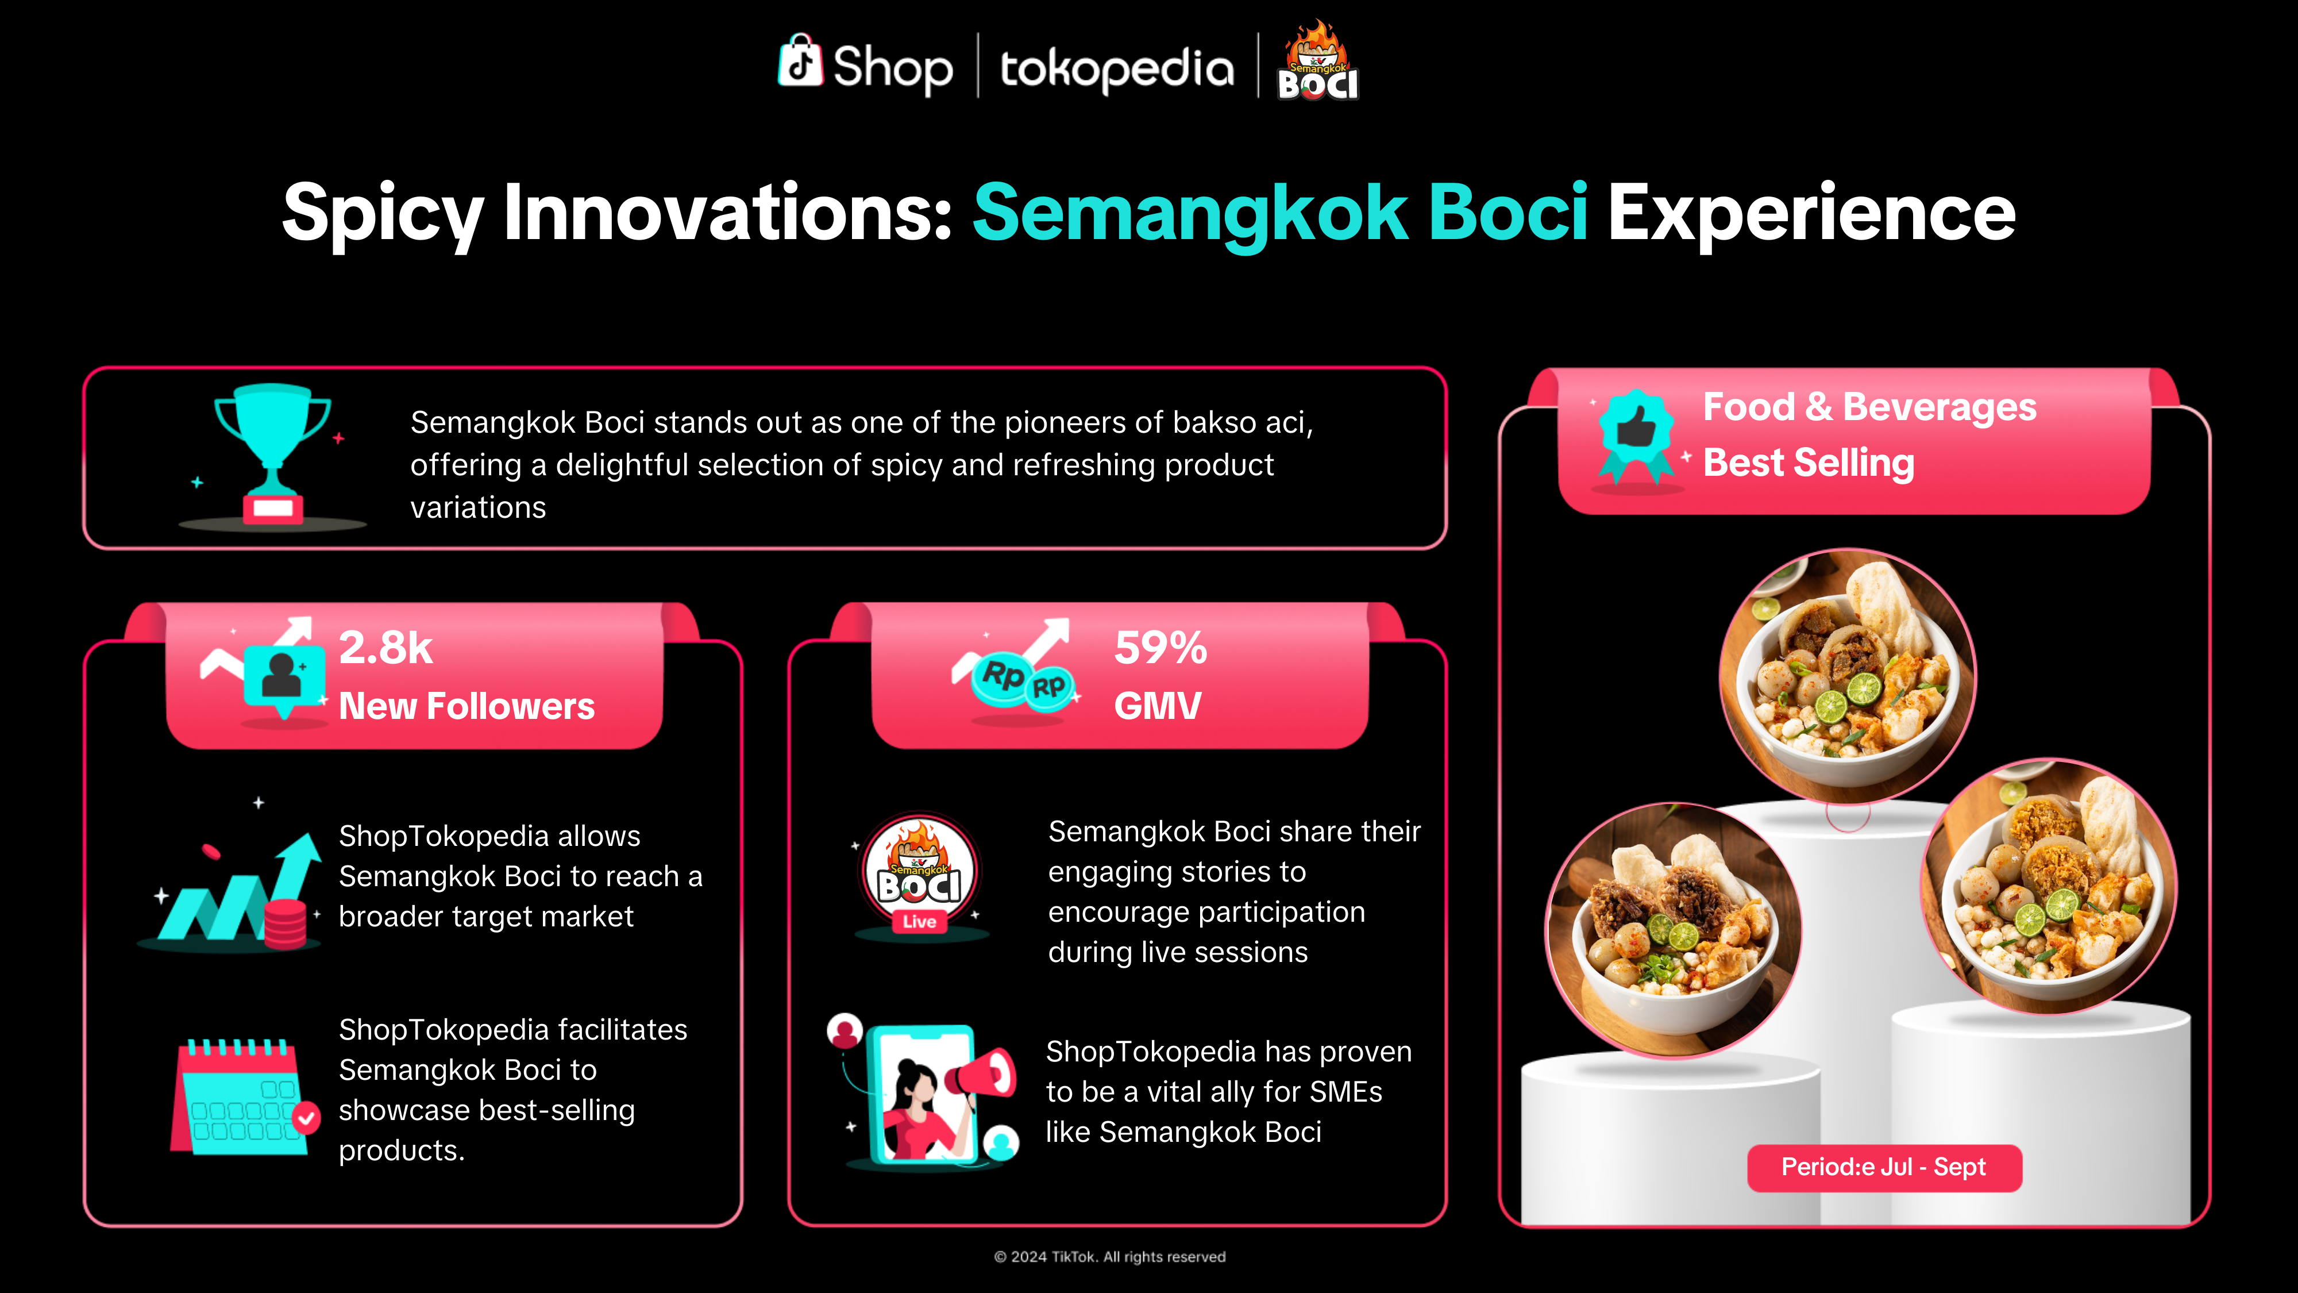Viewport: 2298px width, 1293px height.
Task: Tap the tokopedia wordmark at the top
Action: [x=1117, y=70]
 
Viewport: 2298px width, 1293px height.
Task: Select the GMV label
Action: [x=1158, y=706]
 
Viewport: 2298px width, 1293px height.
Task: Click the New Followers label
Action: [x=466, y=706]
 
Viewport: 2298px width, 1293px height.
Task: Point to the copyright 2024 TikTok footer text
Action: [x=1110, y=1256]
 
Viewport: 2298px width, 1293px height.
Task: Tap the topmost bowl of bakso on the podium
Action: [x=1848, y=676]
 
